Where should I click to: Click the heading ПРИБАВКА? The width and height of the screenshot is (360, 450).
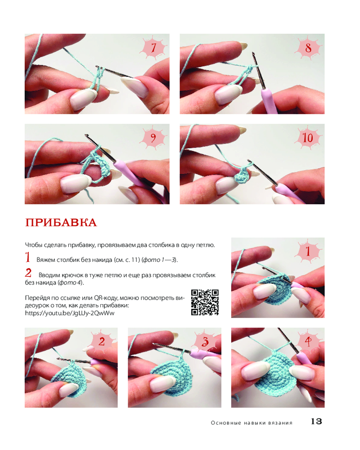tap(61, 223)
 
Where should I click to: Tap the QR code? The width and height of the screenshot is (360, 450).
tap(205, 302)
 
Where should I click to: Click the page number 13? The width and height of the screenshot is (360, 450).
tap(316, 421)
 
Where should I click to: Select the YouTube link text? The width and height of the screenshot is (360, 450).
tap(70, 313)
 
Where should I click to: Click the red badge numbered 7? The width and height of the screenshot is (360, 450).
tap(154, 48)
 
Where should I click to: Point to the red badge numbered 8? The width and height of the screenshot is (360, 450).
tap(308, 48)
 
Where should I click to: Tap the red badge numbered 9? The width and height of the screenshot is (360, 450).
tap(153, 138)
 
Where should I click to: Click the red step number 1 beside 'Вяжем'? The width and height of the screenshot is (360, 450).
tap(28, 257)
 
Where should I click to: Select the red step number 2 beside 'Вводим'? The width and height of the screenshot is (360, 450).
tap(28, 272)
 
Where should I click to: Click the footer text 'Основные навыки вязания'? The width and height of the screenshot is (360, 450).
tap(252, 423)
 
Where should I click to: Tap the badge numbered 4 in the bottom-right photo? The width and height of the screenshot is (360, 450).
tap(308, 342)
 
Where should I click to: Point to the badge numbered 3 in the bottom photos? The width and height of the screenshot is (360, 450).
tap(205, 342)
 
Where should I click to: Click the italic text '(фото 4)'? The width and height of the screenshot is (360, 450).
tap(71, 283)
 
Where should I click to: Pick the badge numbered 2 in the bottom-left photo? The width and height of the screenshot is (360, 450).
tap(102, 342)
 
